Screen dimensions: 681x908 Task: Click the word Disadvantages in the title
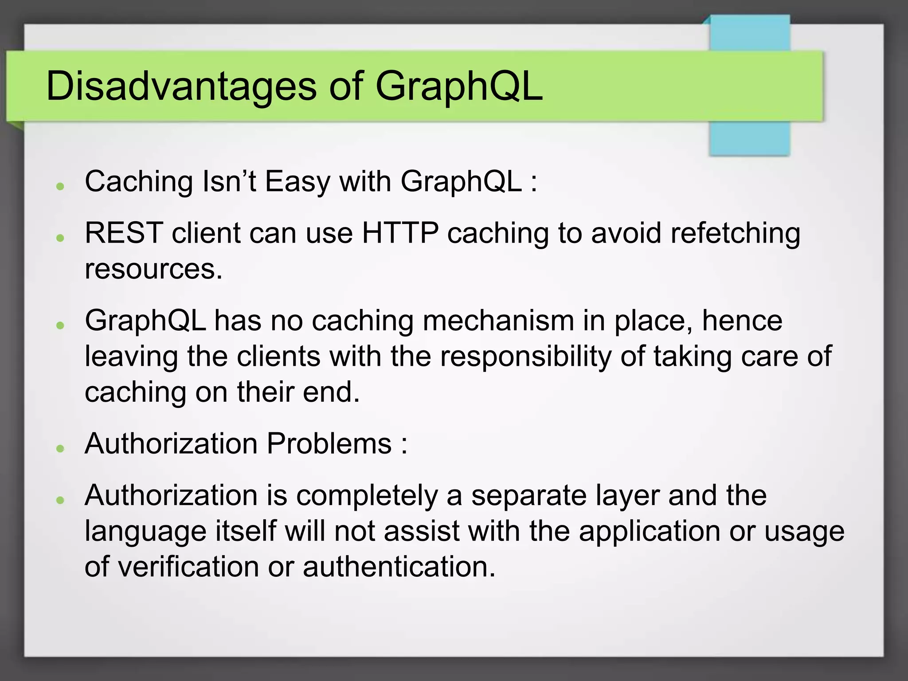pos(181,86)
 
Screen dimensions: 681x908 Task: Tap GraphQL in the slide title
pos(458,86)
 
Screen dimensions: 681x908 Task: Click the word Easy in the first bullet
pos(297,182)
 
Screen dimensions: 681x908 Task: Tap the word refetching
pos(735,234)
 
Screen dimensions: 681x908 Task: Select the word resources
pos(153,269)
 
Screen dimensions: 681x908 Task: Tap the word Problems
pos(329,444)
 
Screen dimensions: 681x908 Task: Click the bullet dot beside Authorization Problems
pos(61,448)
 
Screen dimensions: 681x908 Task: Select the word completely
pos(367,496)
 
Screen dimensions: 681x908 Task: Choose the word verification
pos(188,567)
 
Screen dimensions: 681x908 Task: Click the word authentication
pos(399,567)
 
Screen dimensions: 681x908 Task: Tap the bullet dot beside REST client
pos(61,238)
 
